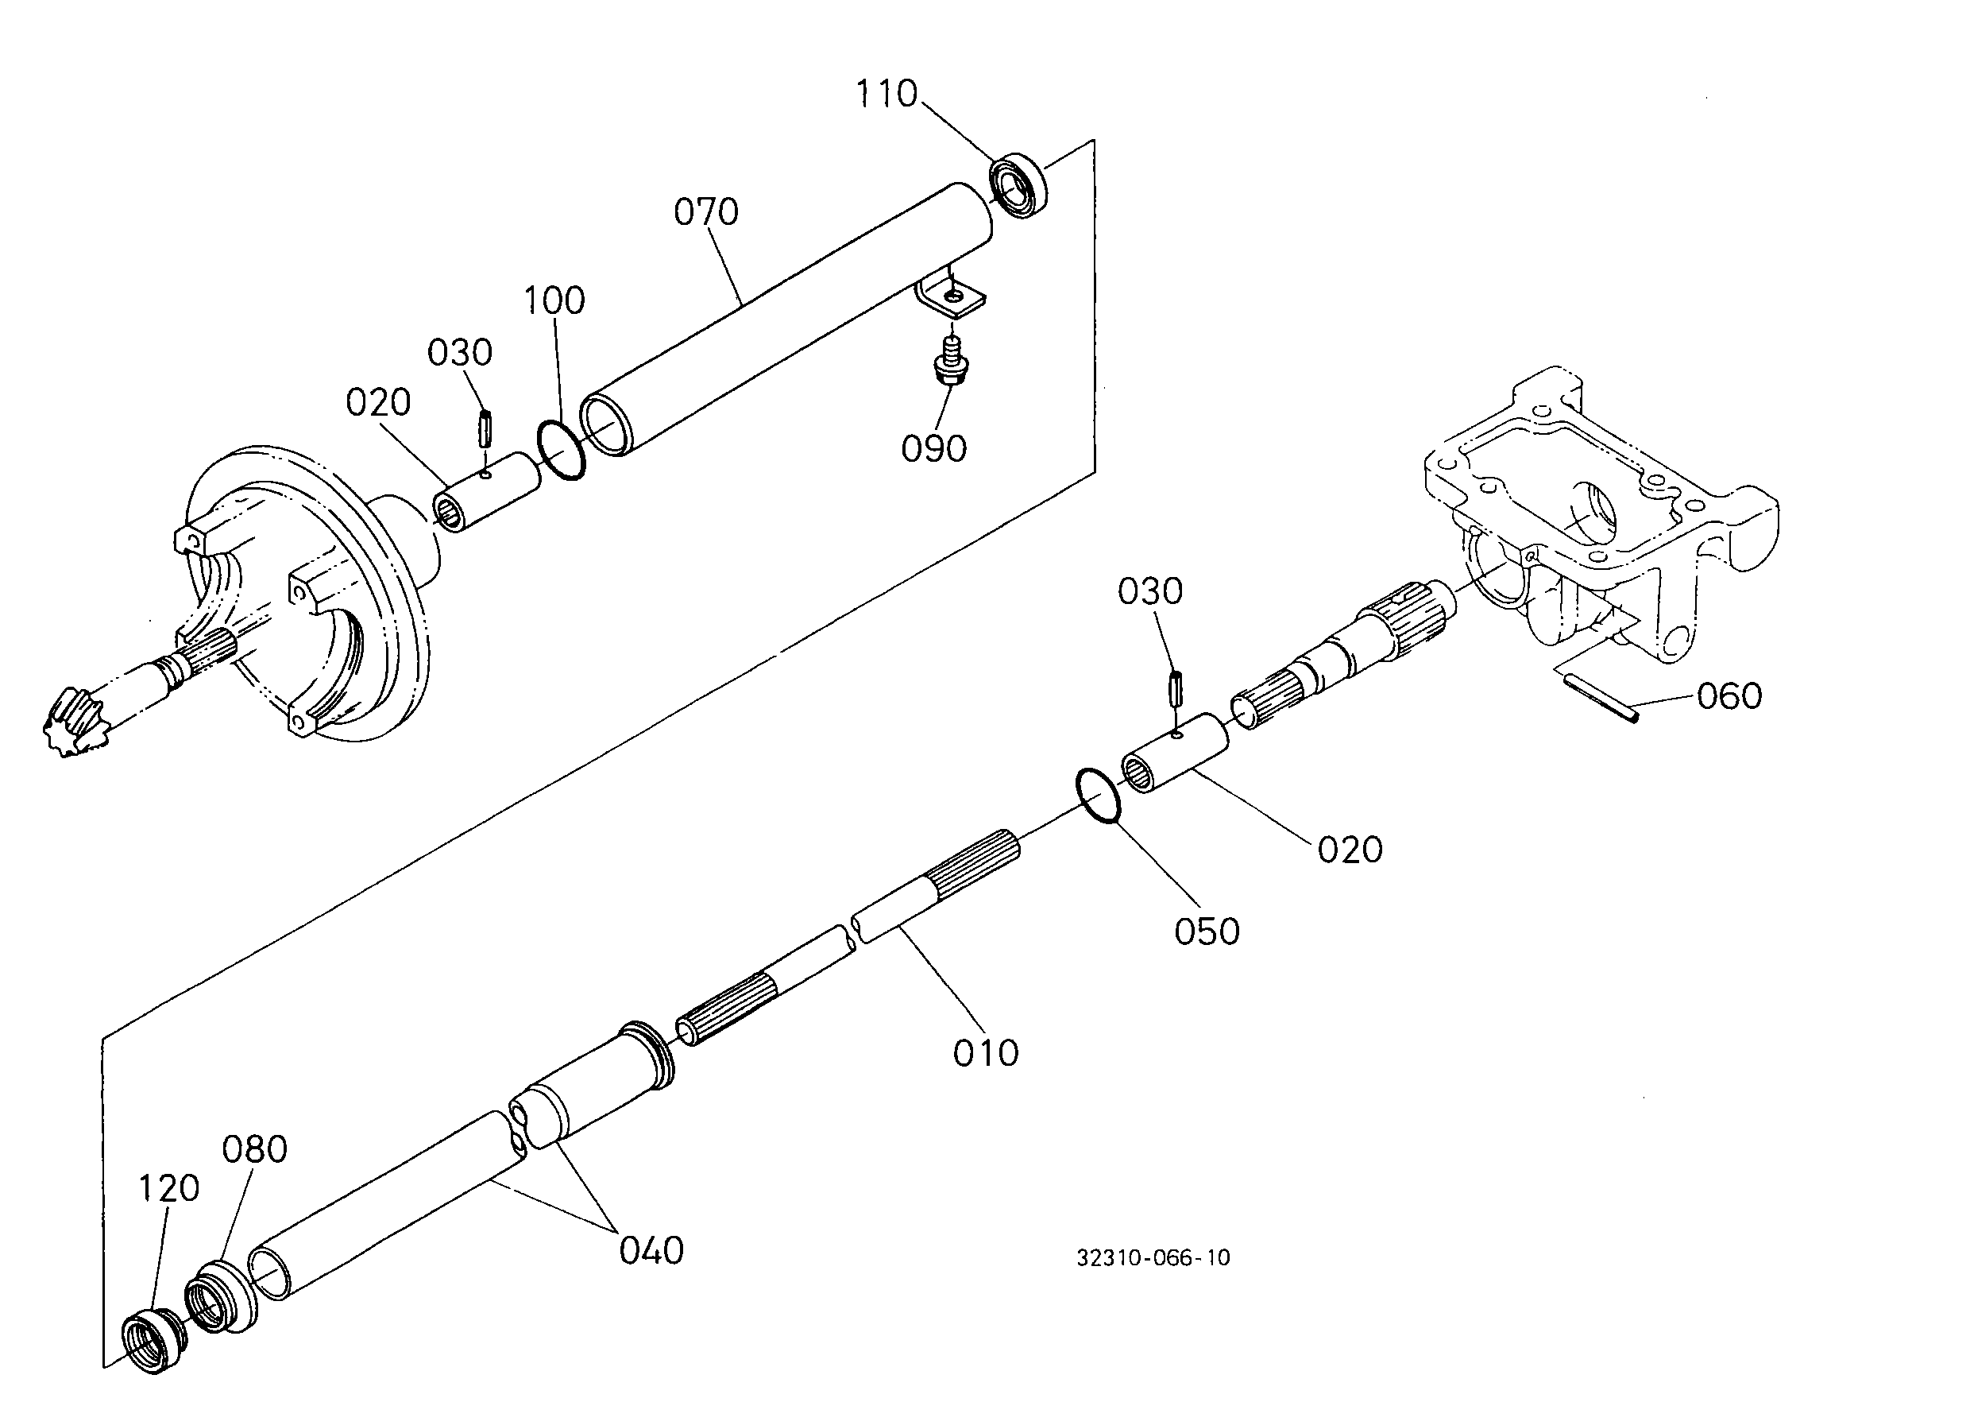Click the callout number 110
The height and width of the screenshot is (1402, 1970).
[886, 94]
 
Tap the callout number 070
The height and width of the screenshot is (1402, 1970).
[706, 212]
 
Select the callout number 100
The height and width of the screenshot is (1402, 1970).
[554, 300]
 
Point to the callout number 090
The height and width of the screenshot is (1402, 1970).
[933, 449]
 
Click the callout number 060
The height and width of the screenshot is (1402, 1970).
[1729, 695]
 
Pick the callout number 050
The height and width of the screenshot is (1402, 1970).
[1207, 931]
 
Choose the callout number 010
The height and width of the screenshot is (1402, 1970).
[986, 1053]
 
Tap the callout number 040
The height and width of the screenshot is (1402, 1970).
[651, 1251]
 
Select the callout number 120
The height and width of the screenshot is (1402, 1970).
[168, 1190]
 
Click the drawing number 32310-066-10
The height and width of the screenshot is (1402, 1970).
[1153, 1258]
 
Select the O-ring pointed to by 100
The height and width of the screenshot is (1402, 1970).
[560, 450]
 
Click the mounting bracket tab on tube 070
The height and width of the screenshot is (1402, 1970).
[949, 293]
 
